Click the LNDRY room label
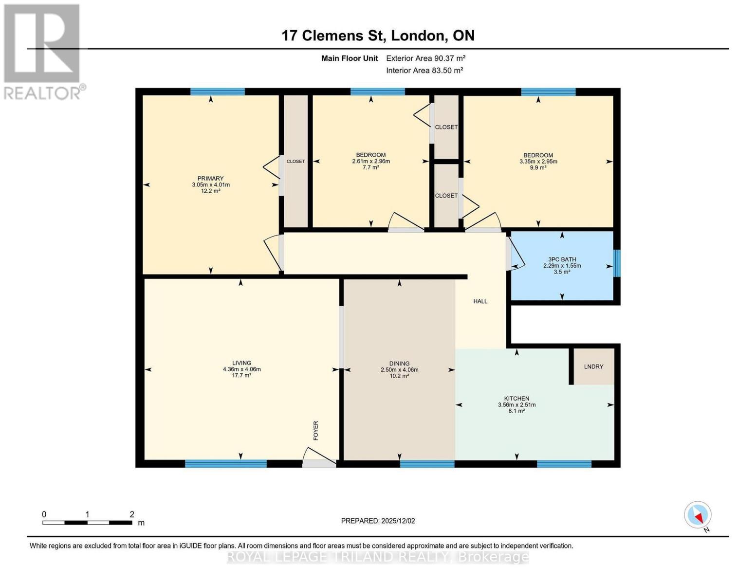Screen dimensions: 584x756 point(593,366)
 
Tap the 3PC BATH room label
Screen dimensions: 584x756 point(562,259)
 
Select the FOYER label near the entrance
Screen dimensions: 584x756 point(315,431)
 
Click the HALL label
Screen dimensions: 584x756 point(480,301)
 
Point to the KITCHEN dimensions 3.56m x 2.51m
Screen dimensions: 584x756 point(516,404)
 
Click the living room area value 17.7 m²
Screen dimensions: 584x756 point(241,375)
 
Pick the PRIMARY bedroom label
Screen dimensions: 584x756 point(210,178)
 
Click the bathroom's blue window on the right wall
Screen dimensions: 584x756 point(616,263)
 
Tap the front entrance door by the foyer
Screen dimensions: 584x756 point(319,463)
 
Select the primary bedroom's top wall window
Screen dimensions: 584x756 point(217,91)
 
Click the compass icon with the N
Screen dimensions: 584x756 point(698,515)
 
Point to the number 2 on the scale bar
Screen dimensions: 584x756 point(132,514)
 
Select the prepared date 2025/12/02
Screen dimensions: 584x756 point(378,521)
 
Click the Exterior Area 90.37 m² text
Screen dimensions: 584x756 point(425,58)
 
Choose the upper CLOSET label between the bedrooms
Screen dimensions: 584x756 point(446,127)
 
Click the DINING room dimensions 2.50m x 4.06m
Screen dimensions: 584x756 point(399,369)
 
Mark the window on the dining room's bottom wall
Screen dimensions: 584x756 point(427,464)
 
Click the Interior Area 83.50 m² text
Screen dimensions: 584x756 point(424,70)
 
